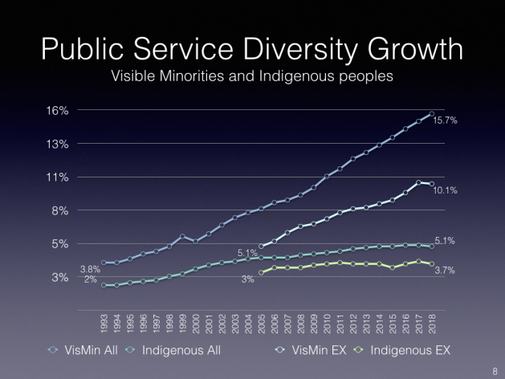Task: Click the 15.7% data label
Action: coord(446,120)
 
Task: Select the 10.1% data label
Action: coord(446,191)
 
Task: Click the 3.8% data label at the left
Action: coord(89,268)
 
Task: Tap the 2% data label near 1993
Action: coord(90,279)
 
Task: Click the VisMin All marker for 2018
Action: coord(432,114)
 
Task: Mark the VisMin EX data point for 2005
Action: coord(261,247)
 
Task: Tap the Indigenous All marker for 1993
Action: coord(104,285)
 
